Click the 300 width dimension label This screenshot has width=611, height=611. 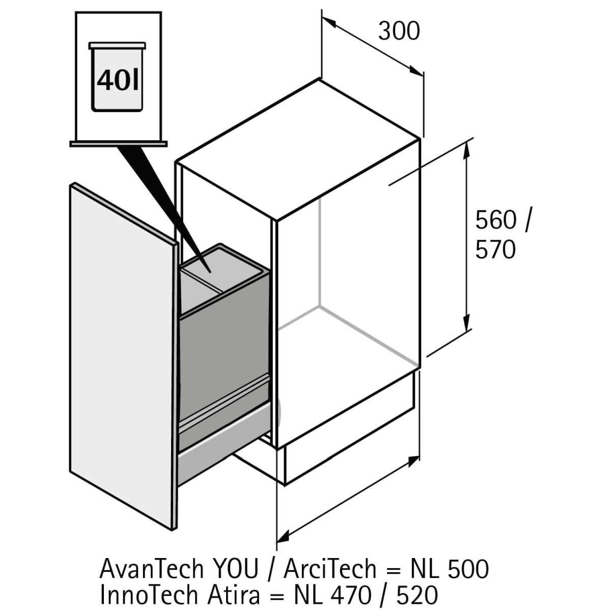click(399, 31)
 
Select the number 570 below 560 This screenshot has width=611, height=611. click(495, 251)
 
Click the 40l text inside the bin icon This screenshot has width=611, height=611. click(118, 80)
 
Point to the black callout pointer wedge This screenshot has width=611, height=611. click(163, 204)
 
